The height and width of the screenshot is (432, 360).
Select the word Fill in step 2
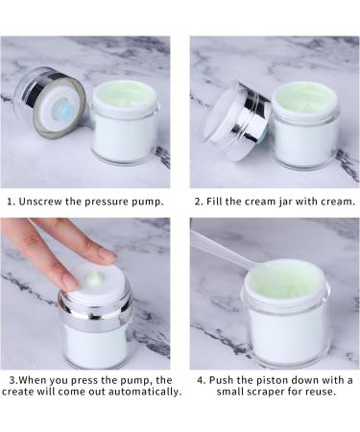coord(214,202)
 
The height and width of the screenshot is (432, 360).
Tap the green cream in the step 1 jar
coord(125,94)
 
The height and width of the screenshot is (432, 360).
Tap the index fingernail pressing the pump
coord(108,254)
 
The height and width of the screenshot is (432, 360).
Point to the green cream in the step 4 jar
coord(285,276)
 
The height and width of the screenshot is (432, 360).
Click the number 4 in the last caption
coord(201,380)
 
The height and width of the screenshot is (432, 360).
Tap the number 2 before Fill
coord(197,202)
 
